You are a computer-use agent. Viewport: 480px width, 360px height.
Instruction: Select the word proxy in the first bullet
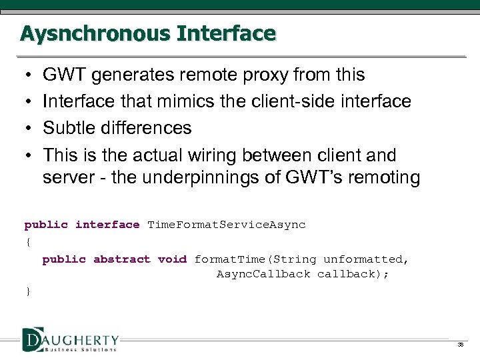[274, 75]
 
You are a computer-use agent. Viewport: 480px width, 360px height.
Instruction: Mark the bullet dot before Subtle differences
[25, 128]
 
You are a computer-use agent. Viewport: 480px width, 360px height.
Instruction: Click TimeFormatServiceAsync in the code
[226, 225]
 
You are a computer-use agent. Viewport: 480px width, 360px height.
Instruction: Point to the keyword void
[172, 259]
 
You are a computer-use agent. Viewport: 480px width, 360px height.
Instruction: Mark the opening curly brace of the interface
[27, 242]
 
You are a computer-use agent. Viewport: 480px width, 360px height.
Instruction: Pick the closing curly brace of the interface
[27, 291]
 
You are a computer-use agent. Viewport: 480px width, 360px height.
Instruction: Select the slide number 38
[460, 345]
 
